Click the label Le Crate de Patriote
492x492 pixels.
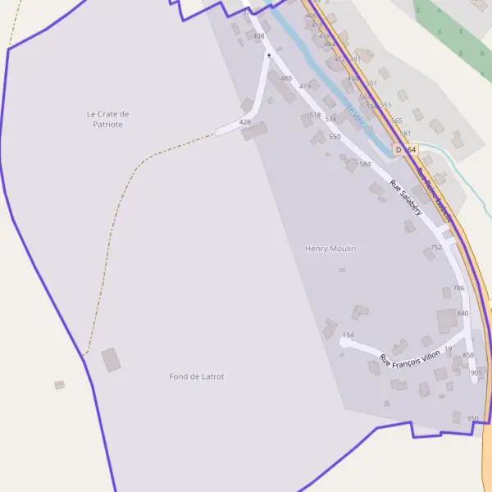[x=107, y=119]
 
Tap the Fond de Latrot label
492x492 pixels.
[x=197, y=376]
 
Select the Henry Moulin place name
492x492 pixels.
[x=330, y=248]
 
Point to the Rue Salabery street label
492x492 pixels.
[x=406, y=198]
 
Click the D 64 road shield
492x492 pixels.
[x=405, y=150]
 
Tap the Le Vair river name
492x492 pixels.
[x=354, y=115]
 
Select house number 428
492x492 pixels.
[x=244, y=122]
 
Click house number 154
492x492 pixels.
[x=348, y=335]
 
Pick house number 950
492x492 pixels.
[x=472, y=418]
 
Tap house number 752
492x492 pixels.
[x=436, y=247]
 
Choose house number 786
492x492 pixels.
[x=458, y=289]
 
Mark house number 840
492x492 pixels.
[x=462, y=313]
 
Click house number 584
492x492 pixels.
[x=365, y=164]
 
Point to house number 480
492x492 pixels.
[x=285, y=79]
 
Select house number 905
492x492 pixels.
[x=476, y=373]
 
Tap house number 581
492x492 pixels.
[x=404, y=133]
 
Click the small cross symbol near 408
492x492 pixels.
[x=268, y=56]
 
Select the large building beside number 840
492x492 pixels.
[x=447, y=321]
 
